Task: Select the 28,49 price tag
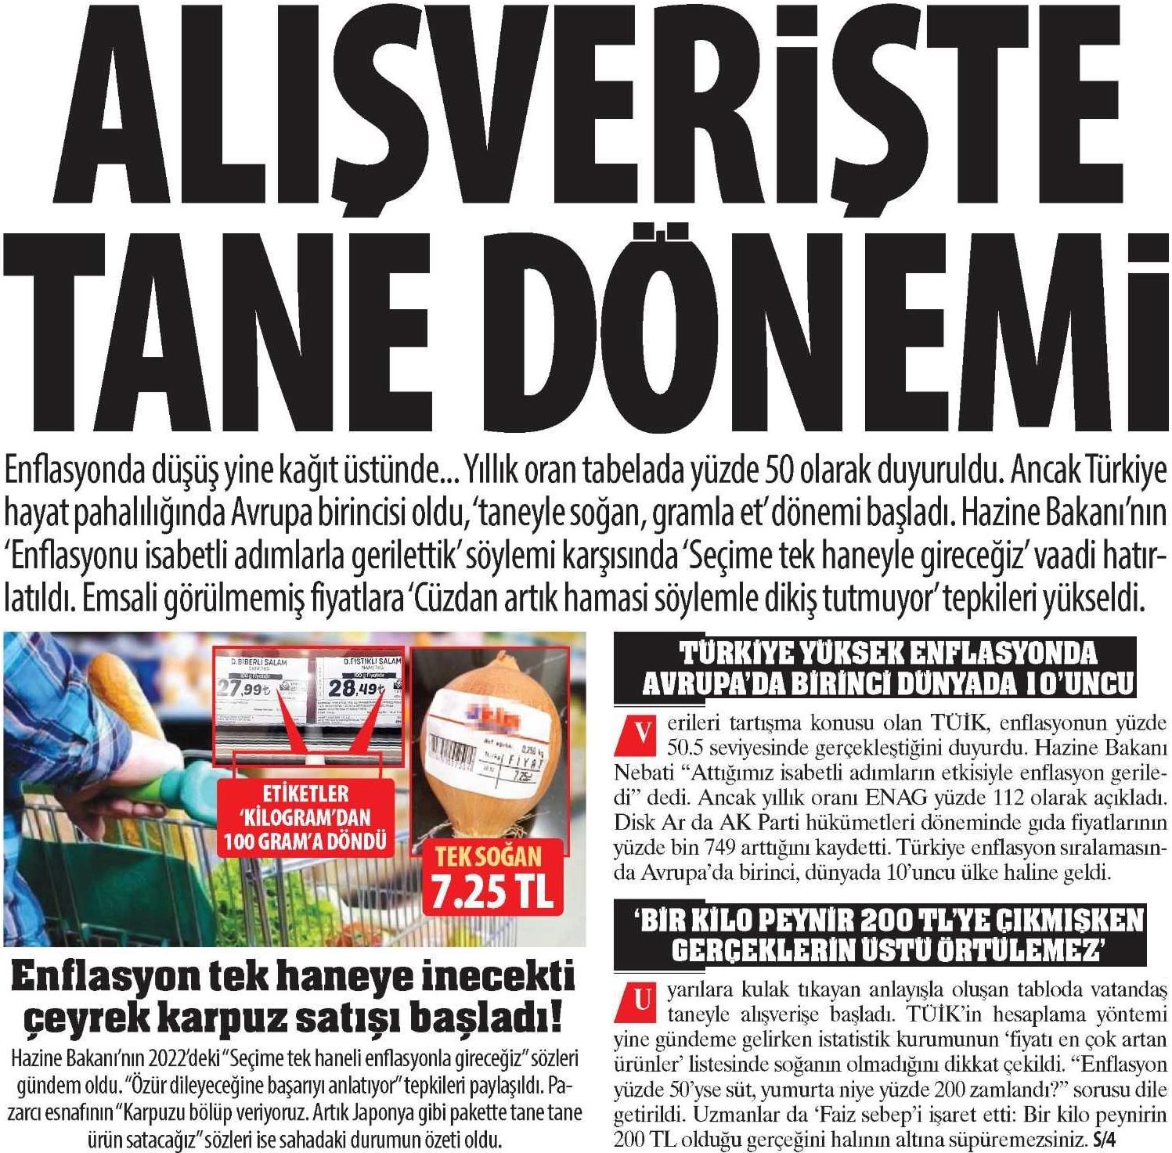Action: click(x=356, y=688)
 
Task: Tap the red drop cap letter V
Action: click(x=643, y=733)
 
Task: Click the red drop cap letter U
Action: click(x=643, y=1000)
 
